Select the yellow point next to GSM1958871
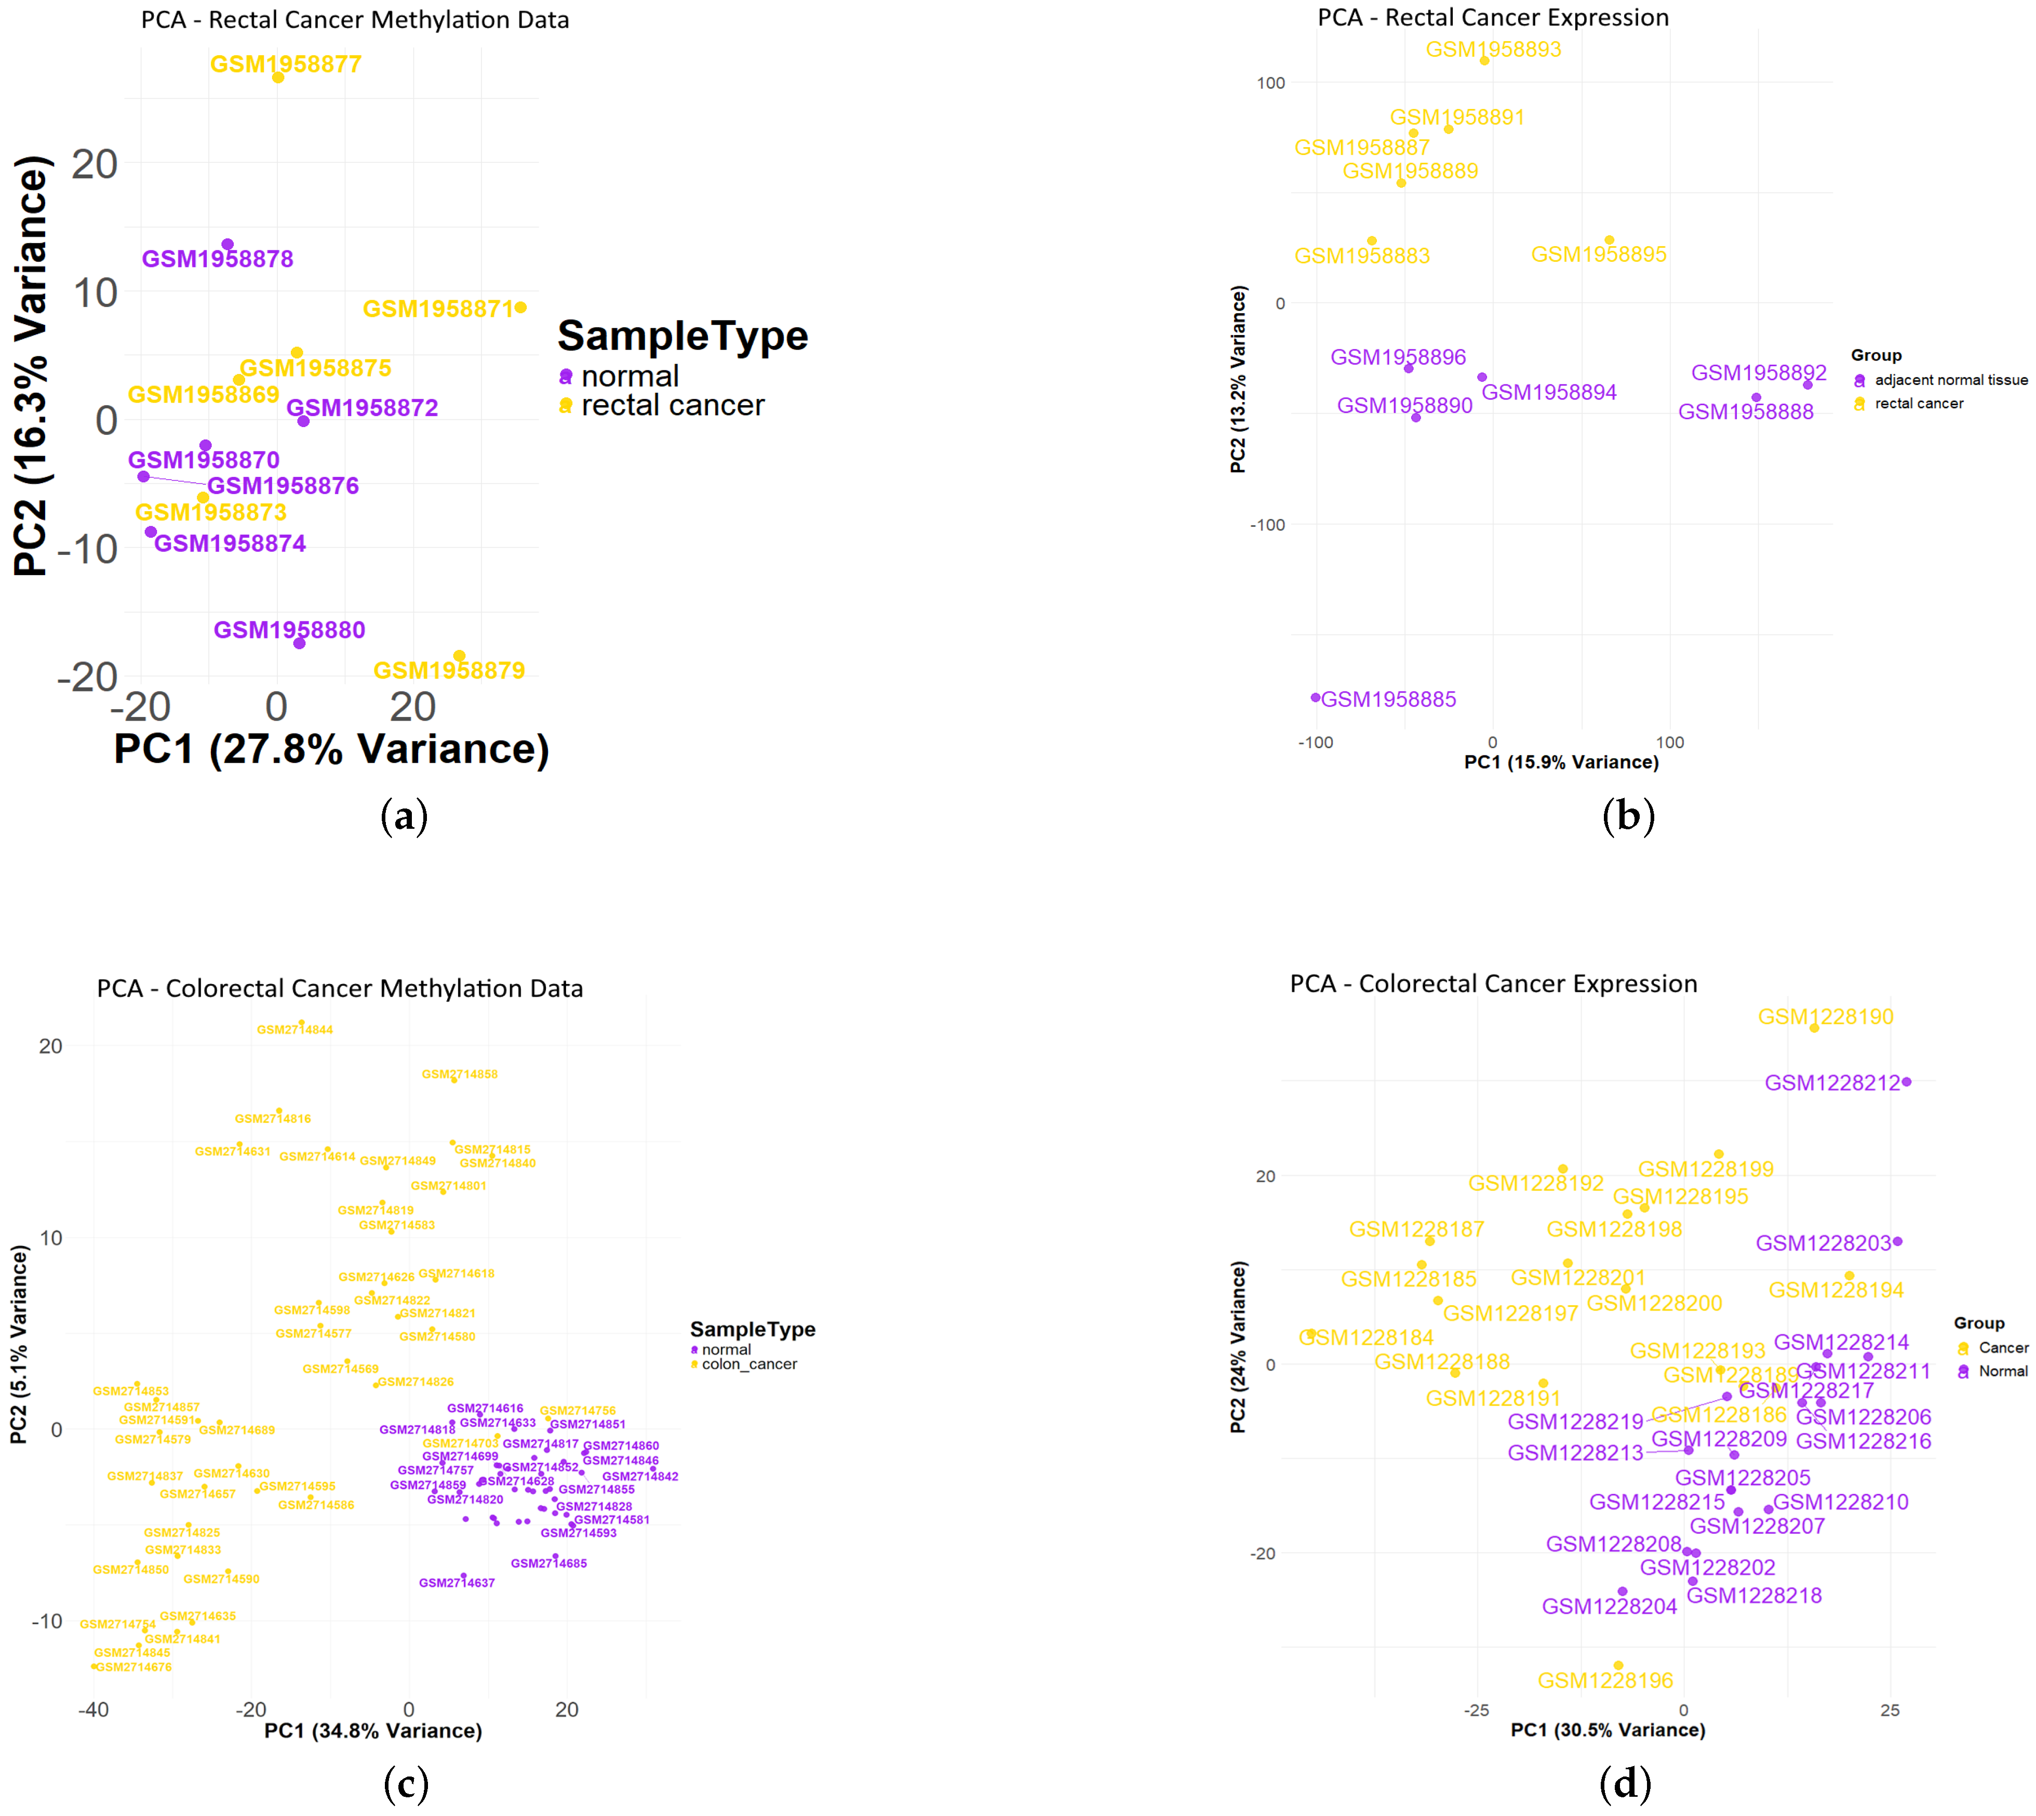coord(521,307)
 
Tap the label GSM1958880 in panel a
coord(289,630)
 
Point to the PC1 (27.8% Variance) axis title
coord(331,749)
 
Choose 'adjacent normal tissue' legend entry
coord(1950,380)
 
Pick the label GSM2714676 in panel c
coord(133,1667)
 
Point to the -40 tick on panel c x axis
coord(94,1710)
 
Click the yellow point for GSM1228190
coord(1814,1028)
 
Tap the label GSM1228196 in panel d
coord(1605,1680)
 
